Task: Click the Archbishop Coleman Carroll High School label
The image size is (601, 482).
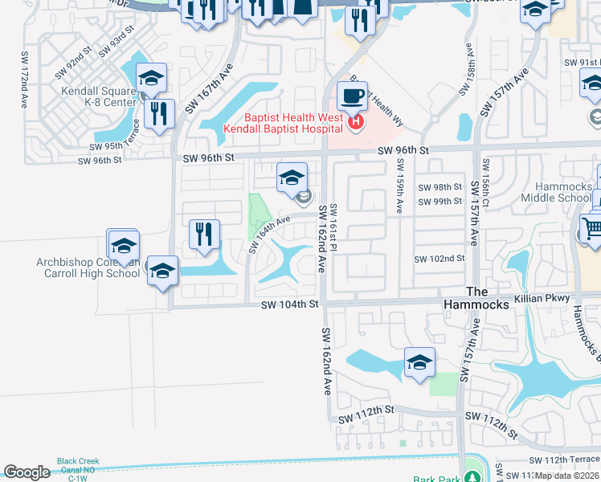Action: click(x=88, y=268)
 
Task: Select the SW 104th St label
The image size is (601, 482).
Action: click(x=290, y=304)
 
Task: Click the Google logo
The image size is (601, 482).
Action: click(x=27, y=472)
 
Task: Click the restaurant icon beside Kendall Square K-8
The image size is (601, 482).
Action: click(x=161, y=115)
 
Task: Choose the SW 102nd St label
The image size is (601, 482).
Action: click(x=440, y=259)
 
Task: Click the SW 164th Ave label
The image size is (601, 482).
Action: click(x=268, y=233)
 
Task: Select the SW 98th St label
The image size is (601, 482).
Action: click(x=440, y=187)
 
